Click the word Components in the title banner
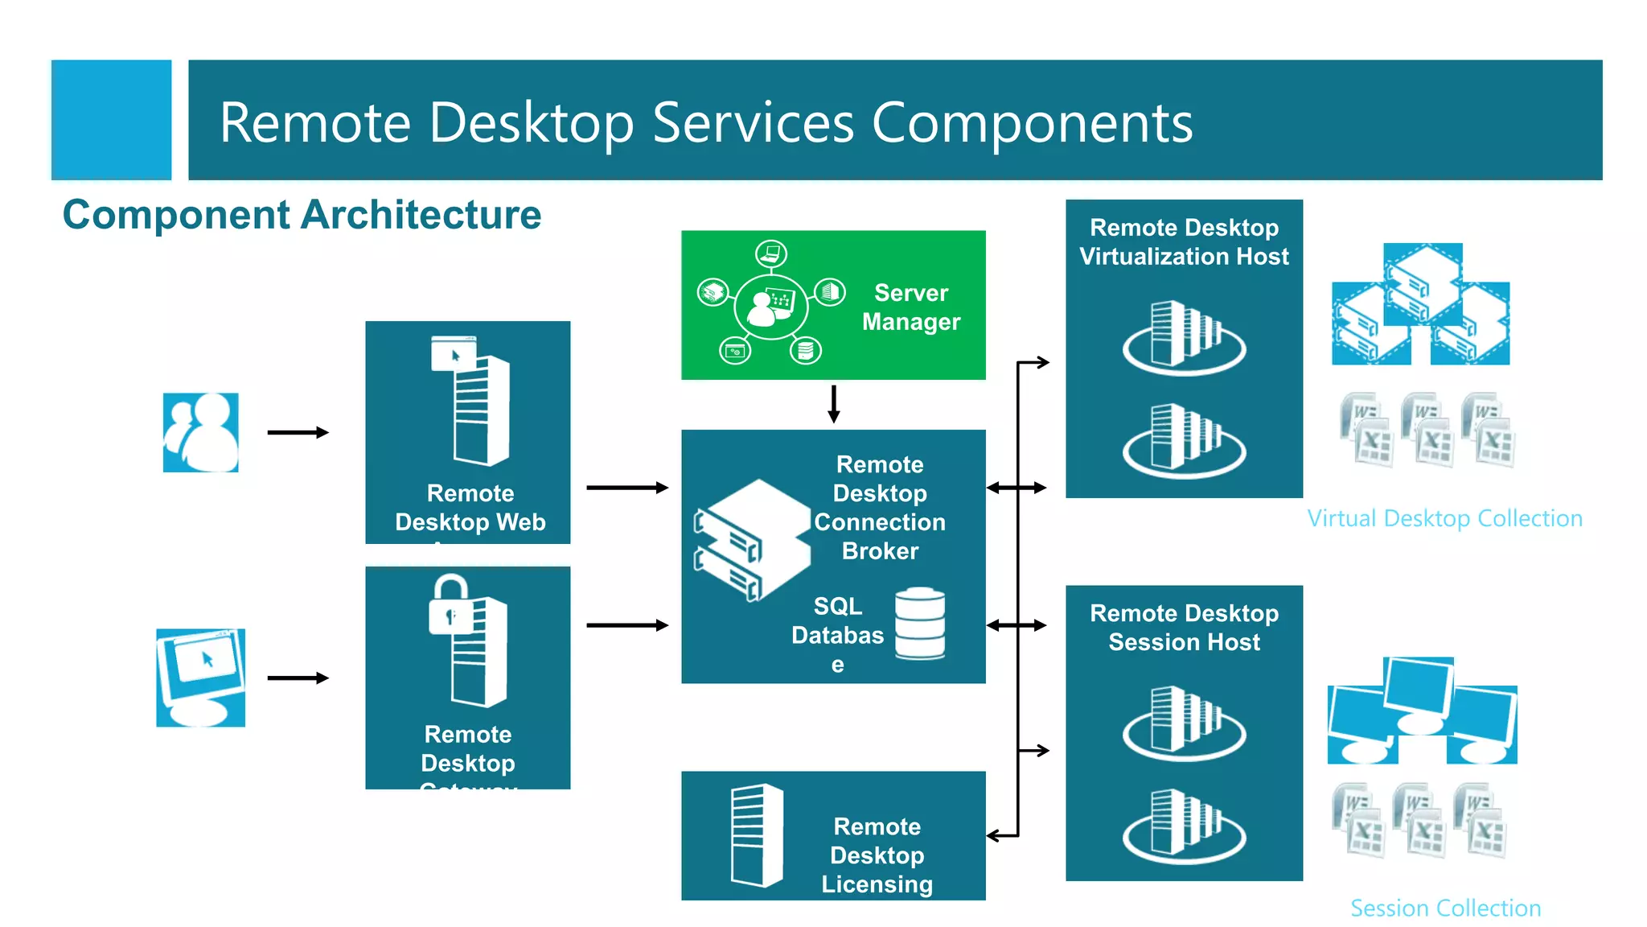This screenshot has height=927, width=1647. point(1032,123)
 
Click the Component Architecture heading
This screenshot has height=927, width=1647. point(302,215)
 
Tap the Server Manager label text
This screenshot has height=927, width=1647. point(910,307)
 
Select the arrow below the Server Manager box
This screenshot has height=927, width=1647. point(834,404)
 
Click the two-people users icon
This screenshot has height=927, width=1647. point(201,432)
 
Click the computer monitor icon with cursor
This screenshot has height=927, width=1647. point(200,678)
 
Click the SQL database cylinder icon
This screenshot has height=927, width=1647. point(920,624)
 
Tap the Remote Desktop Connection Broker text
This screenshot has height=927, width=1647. point(880,507)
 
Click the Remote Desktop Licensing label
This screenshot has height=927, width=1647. point(877,855)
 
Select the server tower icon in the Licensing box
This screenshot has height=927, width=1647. point(756,835)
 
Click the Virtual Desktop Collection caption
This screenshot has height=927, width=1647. point(1444,518)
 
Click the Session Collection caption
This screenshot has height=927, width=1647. point(1445,908)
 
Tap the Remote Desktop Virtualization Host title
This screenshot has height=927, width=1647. point(1184,241)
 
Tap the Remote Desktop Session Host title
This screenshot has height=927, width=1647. point(1184,628)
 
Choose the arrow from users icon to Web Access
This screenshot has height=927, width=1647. point(298,433)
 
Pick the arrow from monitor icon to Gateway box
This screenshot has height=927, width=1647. point(298,678)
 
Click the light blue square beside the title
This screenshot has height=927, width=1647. point(111,120)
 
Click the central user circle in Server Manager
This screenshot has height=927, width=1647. point(770,306)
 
